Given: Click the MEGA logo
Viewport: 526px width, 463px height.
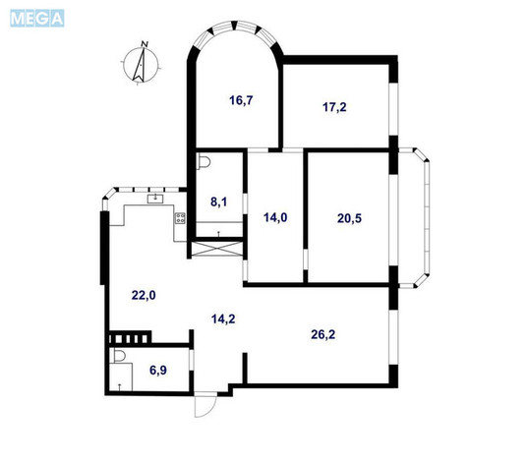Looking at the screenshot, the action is click(37, 18).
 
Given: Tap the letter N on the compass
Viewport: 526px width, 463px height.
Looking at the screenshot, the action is click(145, 43).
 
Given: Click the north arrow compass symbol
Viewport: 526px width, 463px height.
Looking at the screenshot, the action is click(141, 64).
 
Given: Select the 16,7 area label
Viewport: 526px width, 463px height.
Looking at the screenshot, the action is click(241, 100).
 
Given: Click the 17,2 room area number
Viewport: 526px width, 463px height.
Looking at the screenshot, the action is click(334, 107).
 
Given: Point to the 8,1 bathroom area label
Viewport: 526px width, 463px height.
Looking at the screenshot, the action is click(218, 202).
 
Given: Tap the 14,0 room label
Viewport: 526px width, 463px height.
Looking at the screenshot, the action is click(275, 218).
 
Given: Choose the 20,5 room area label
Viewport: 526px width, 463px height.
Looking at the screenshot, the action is click(349, 219).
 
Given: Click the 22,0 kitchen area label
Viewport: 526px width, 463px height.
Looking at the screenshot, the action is click(144, 296).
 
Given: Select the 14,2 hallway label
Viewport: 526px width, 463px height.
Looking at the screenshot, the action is click(223, 319).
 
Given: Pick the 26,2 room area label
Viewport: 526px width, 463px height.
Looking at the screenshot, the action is click(323, 334).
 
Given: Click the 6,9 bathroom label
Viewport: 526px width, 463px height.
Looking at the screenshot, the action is click(158, 371).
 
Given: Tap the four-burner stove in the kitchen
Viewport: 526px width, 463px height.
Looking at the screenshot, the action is click(180, 218).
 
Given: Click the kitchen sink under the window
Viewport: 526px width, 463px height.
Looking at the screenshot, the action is click(155, 199).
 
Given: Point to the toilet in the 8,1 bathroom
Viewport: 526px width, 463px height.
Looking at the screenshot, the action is click(204, 162).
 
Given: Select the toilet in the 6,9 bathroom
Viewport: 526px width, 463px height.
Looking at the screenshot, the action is click(119, 356).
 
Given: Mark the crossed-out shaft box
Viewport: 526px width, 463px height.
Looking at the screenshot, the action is click(218, 249).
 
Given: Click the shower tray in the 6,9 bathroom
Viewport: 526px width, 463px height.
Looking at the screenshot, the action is click(121, 376).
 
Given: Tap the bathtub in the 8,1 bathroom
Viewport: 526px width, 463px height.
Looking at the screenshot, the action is click(219, 229).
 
